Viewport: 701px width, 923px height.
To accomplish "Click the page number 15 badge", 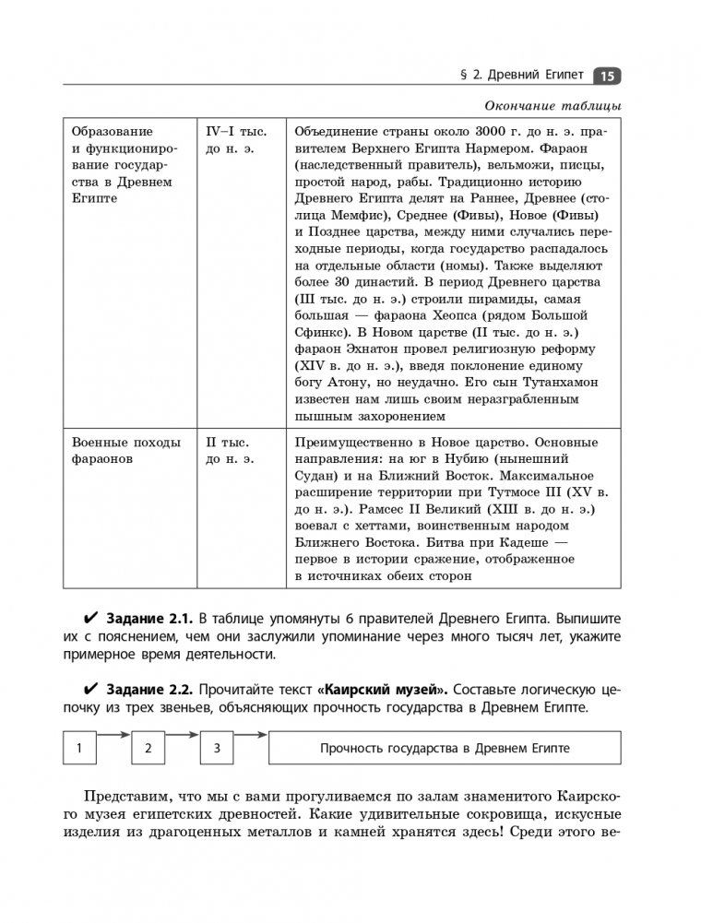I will point(608,77).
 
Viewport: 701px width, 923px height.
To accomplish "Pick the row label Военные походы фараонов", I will point(126,450).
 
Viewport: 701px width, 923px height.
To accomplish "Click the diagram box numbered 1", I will point(80,749).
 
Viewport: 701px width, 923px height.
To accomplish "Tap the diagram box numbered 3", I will point(217,749).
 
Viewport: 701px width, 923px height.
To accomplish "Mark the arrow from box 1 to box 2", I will point(114,736).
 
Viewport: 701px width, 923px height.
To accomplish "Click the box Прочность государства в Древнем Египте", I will point(445,749).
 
